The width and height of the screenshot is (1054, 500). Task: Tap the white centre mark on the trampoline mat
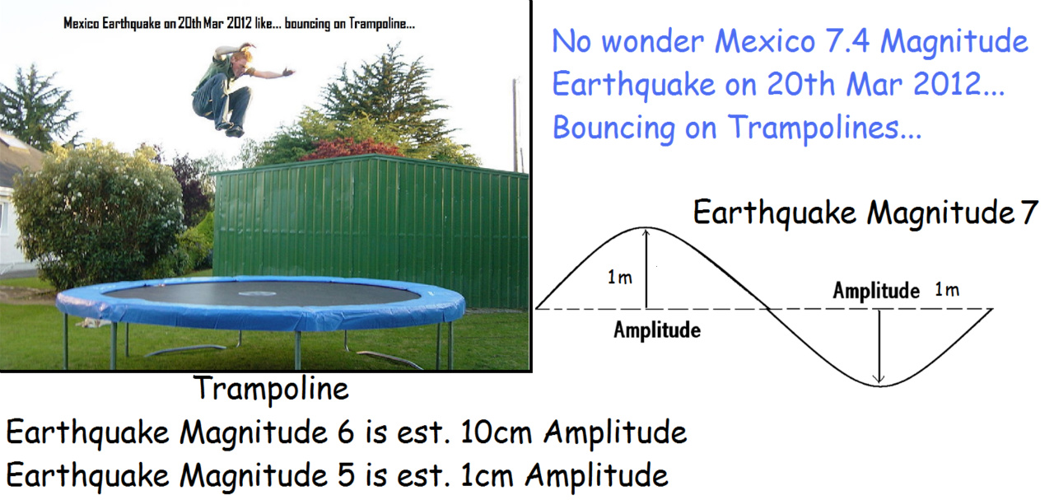pyautogui.click(x=258, y=294)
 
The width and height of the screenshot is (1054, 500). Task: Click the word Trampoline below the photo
pyautogui.click(x=271, y=389)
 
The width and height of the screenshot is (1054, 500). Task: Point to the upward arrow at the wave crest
pyautogui.click(x=646, y=269)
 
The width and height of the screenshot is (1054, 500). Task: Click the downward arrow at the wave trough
pyautogui.click(x=879, y=346)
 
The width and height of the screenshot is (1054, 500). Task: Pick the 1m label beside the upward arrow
pyautogui.click(x=620, y=277)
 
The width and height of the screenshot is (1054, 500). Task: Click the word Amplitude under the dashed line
pyautogui.click(x=657, y=329)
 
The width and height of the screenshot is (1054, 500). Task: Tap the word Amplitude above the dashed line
pyautogui.click(x=876, y=290)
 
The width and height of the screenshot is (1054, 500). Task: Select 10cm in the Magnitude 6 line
pyautogui.click(x=497, y=432)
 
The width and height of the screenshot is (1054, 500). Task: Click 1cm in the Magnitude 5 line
pyautogui.click(x=487, y=475)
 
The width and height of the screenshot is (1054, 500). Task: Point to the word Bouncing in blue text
pyautogui.click(x=613, y=128)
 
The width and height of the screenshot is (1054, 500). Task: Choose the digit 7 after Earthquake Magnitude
pyautogui.click(x=1029, y=213)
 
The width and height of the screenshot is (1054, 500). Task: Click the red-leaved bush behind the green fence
pyautogui.click(x=351, y=149)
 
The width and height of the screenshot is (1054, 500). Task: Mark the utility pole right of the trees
pyautogui.click(x=515, y=124)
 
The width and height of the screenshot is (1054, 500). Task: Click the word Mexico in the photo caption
pyautogui.click(x=81, y=23)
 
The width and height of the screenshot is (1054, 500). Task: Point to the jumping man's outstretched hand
pyautogui.click(x=287, y=72)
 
